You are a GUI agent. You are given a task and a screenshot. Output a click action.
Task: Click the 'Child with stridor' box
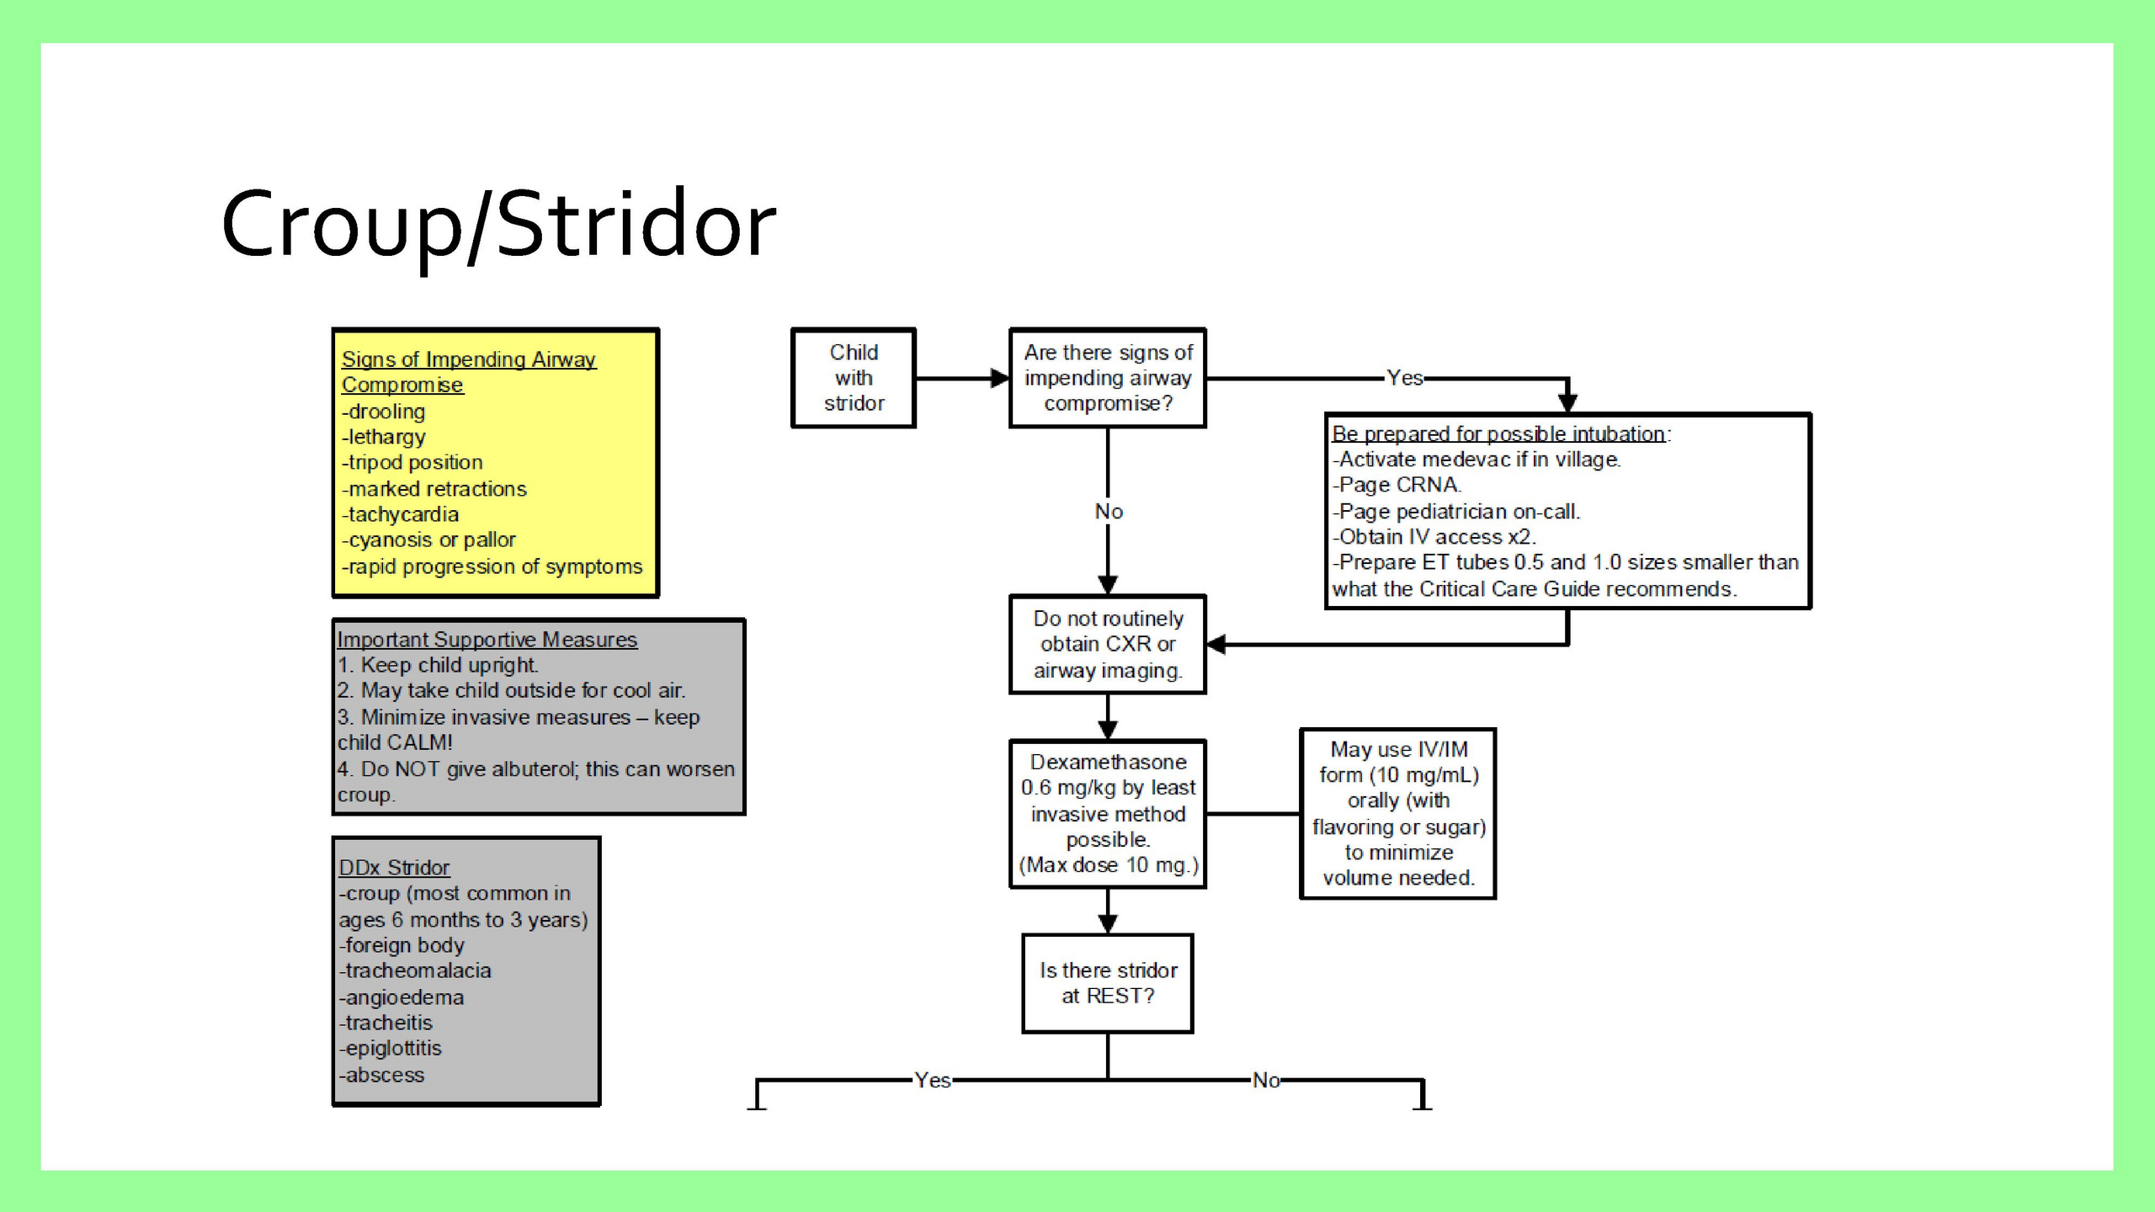[854, 378]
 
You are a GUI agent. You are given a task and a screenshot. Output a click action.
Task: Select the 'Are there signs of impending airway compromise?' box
[1108, 378]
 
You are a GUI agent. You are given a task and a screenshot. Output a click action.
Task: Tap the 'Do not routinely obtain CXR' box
[1108, 645]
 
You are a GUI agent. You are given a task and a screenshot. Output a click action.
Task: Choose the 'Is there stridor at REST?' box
[1108, 983]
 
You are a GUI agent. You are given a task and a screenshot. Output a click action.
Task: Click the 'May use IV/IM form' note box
[1398, 814]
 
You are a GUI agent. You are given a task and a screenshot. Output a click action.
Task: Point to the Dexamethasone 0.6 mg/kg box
[1108, 814]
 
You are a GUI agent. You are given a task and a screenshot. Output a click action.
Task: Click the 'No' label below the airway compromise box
[1109, 512]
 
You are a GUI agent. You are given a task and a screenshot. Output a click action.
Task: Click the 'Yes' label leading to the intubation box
[1404, 378]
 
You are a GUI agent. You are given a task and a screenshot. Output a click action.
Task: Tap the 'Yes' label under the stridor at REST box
[933, 1080]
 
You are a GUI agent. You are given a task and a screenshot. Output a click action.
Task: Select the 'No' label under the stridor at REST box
[1266, 1080]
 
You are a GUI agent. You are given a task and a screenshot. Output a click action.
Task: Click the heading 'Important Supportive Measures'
[487, 640]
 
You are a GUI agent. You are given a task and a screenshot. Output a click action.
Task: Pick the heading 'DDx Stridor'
[394, 868]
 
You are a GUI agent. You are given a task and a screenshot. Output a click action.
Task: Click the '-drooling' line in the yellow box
[384, 412]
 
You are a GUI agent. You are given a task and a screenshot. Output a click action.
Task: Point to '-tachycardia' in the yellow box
[401, 514]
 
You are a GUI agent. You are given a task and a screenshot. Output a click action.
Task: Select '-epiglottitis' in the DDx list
[391, 1049]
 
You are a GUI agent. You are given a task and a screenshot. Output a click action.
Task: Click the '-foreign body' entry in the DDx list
[402, 945]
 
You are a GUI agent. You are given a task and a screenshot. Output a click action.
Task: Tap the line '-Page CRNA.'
[1397, 485]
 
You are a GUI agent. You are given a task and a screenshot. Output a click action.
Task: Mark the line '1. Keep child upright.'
[439, 665]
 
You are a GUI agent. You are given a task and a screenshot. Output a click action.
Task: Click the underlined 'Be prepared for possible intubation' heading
[1498, 433]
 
